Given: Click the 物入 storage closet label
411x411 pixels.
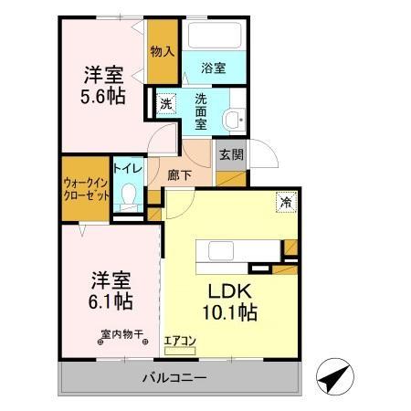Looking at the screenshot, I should [162, 52].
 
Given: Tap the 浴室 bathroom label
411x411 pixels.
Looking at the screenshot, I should [213, 68].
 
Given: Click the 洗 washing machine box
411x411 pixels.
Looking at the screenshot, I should [165, 103].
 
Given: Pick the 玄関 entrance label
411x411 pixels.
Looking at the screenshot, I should [230, 154].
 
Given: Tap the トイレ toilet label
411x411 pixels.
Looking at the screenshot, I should [127, 169].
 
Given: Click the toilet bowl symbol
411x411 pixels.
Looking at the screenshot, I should [128, 195].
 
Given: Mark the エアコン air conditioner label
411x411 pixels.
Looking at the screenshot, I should [181, 342].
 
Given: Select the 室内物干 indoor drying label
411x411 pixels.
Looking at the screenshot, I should [121, 334].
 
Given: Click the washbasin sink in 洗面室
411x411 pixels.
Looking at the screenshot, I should [236, 117].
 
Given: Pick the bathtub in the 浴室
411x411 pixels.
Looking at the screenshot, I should [212, 37].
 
